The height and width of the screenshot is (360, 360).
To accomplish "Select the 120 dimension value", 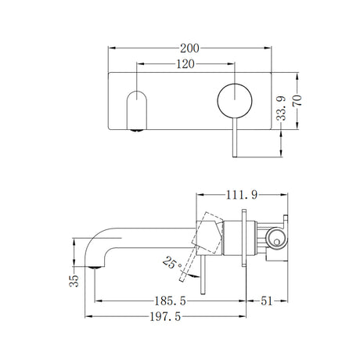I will click(x=185, y=66).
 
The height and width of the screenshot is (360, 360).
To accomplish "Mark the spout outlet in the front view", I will click(x=135, y=110).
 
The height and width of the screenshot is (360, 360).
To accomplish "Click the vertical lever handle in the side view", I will click(x=205, y=274).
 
